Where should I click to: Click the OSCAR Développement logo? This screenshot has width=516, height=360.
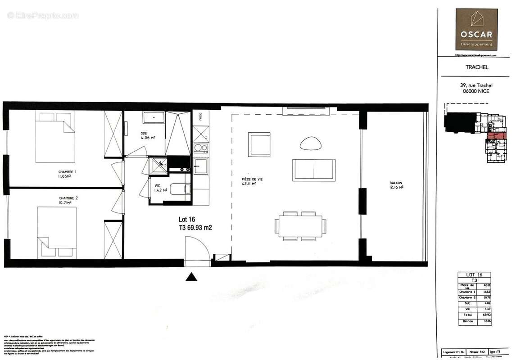click(476, 29)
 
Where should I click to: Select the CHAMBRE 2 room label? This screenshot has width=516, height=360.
click(68, 200)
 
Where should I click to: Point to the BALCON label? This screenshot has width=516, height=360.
click(396, 185)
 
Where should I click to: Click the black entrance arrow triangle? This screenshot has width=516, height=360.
click(192, 277)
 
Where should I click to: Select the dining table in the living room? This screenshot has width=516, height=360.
click(301, 226)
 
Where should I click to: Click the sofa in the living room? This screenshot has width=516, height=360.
click(313, 170)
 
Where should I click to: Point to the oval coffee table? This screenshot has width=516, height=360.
click(311, 143)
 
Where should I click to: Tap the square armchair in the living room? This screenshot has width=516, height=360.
click(259, 144)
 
